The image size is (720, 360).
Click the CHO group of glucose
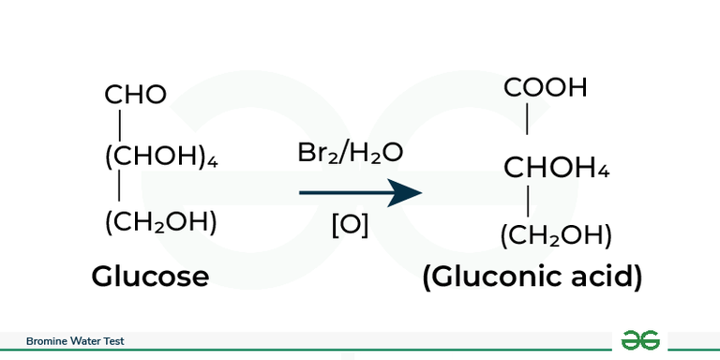pos(135,94)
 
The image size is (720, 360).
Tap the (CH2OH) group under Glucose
pos(160,222)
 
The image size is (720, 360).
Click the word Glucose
pos(150,276)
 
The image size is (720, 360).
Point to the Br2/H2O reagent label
pos(351,153)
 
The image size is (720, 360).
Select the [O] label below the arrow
pos(351,226)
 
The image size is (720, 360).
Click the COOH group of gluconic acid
pos(546,88)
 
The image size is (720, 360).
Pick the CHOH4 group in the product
pos(557,169)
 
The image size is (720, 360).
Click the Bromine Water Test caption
pos(74,341)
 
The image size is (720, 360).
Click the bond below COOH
pos(529,120)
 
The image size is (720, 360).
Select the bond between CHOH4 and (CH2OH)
pos(529,202)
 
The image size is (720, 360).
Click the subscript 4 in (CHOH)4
pos(213,162)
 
